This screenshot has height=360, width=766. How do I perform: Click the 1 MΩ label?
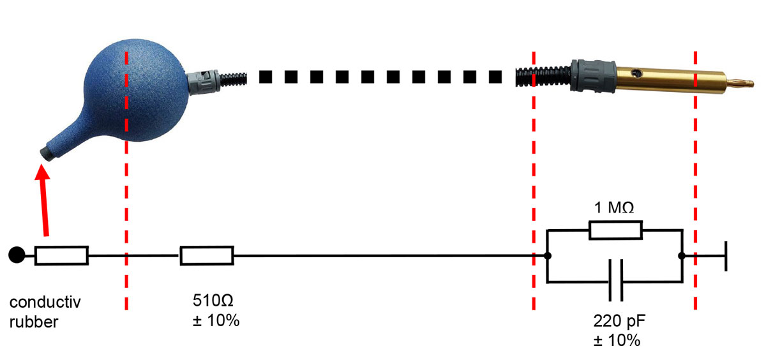click(x=614, y=208)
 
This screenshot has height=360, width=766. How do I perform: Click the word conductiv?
click(x=45, y=301)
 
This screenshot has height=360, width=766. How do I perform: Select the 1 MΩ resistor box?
click(x=615, y=230)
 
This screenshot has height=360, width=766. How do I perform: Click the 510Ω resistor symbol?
click(x=207, y=256)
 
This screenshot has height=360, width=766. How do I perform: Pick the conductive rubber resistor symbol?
click(x=61, y=256)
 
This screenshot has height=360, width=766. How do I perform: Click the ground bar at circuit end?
click(x=726, y=256)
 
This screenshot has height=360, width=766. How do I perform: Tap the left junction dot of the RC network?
click(x=548, y=256)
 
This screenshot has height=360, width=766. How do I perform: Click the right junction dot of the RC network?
click(x=682, y=256)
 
